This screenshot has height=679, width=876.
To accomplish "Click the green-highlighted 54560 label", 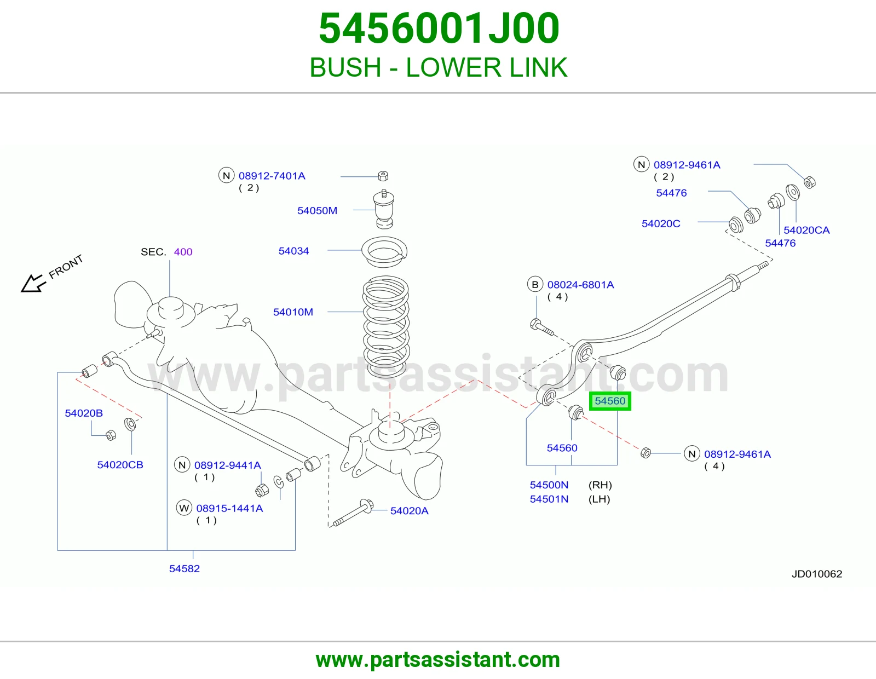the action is tap(610, 401).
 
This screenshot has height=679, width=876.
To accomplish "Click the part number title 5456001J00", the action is tap(439, 28).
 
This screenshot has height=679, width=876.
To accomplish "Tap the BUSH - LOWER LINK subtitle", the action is tap(438, 67).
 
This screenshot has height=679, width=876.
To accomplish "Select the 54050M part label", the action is tap(317, 210).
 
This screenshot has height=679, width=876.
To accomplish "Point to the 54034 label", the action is tap(293, 251).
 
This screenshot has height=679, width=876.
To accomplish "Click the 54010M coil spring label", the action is tap(293, 312).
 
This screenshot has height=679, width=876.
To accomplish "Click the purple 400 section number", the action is tap(183, 252).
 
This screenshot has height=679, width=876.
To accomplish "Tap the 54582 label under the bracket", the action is tap(184, 568).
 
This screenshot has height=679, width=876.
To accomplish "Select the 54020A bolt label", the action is tap(409, 511).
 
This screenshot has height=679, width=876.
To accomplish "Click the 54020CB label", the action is tap(120, 465).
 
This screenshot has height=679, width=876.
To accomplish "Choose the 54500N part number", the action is tap(549, 485).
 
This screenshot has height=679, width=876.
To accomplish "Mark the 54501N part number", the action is tap(549, 499).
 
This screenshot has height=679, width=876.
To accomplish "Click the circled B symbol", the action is tap(535, 285).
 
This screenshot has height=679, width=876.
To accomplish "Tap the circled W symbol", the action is tap(184, 508).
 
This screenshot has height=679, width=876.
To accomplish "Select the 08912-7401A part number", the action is tap(272, 176).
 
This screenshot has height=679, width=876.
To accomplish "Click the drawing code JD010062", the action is tap(817, 574).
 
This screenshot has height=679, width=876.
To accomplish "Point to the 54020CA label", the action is tap(806, 230).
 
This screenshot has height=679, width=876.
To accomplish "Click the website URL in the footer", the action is tap(438, 660).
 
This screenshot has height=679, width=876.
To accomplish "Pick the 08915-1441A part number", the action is tap(229, 508).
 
